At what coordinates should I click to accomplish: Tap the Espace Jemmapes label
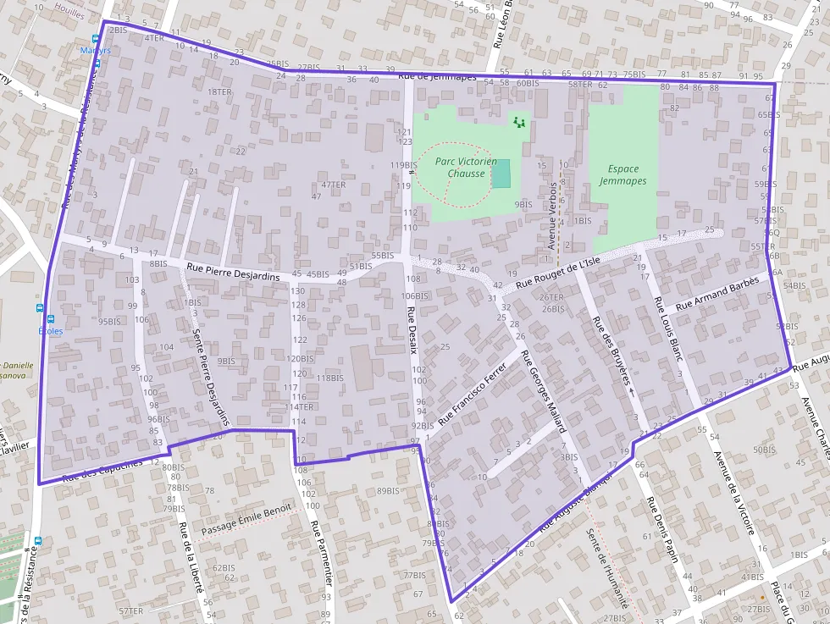click(622, 175)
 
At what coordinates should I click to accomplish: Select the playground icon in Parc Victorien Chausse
click(519, 123)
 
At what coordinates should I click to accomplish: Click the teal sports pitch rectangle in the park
click(501, 174)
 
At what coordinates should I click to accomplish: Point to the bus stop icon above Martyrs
click(97, 39)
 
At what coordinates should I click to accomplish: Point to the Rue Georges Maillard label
click(542, 390)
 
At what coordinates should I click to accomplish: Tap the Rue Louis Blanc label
click(668, 327)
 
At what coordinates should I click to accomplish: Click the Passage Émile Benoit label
click(246, 519)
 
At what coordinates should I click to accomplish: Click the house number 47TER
click(334, 185)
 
